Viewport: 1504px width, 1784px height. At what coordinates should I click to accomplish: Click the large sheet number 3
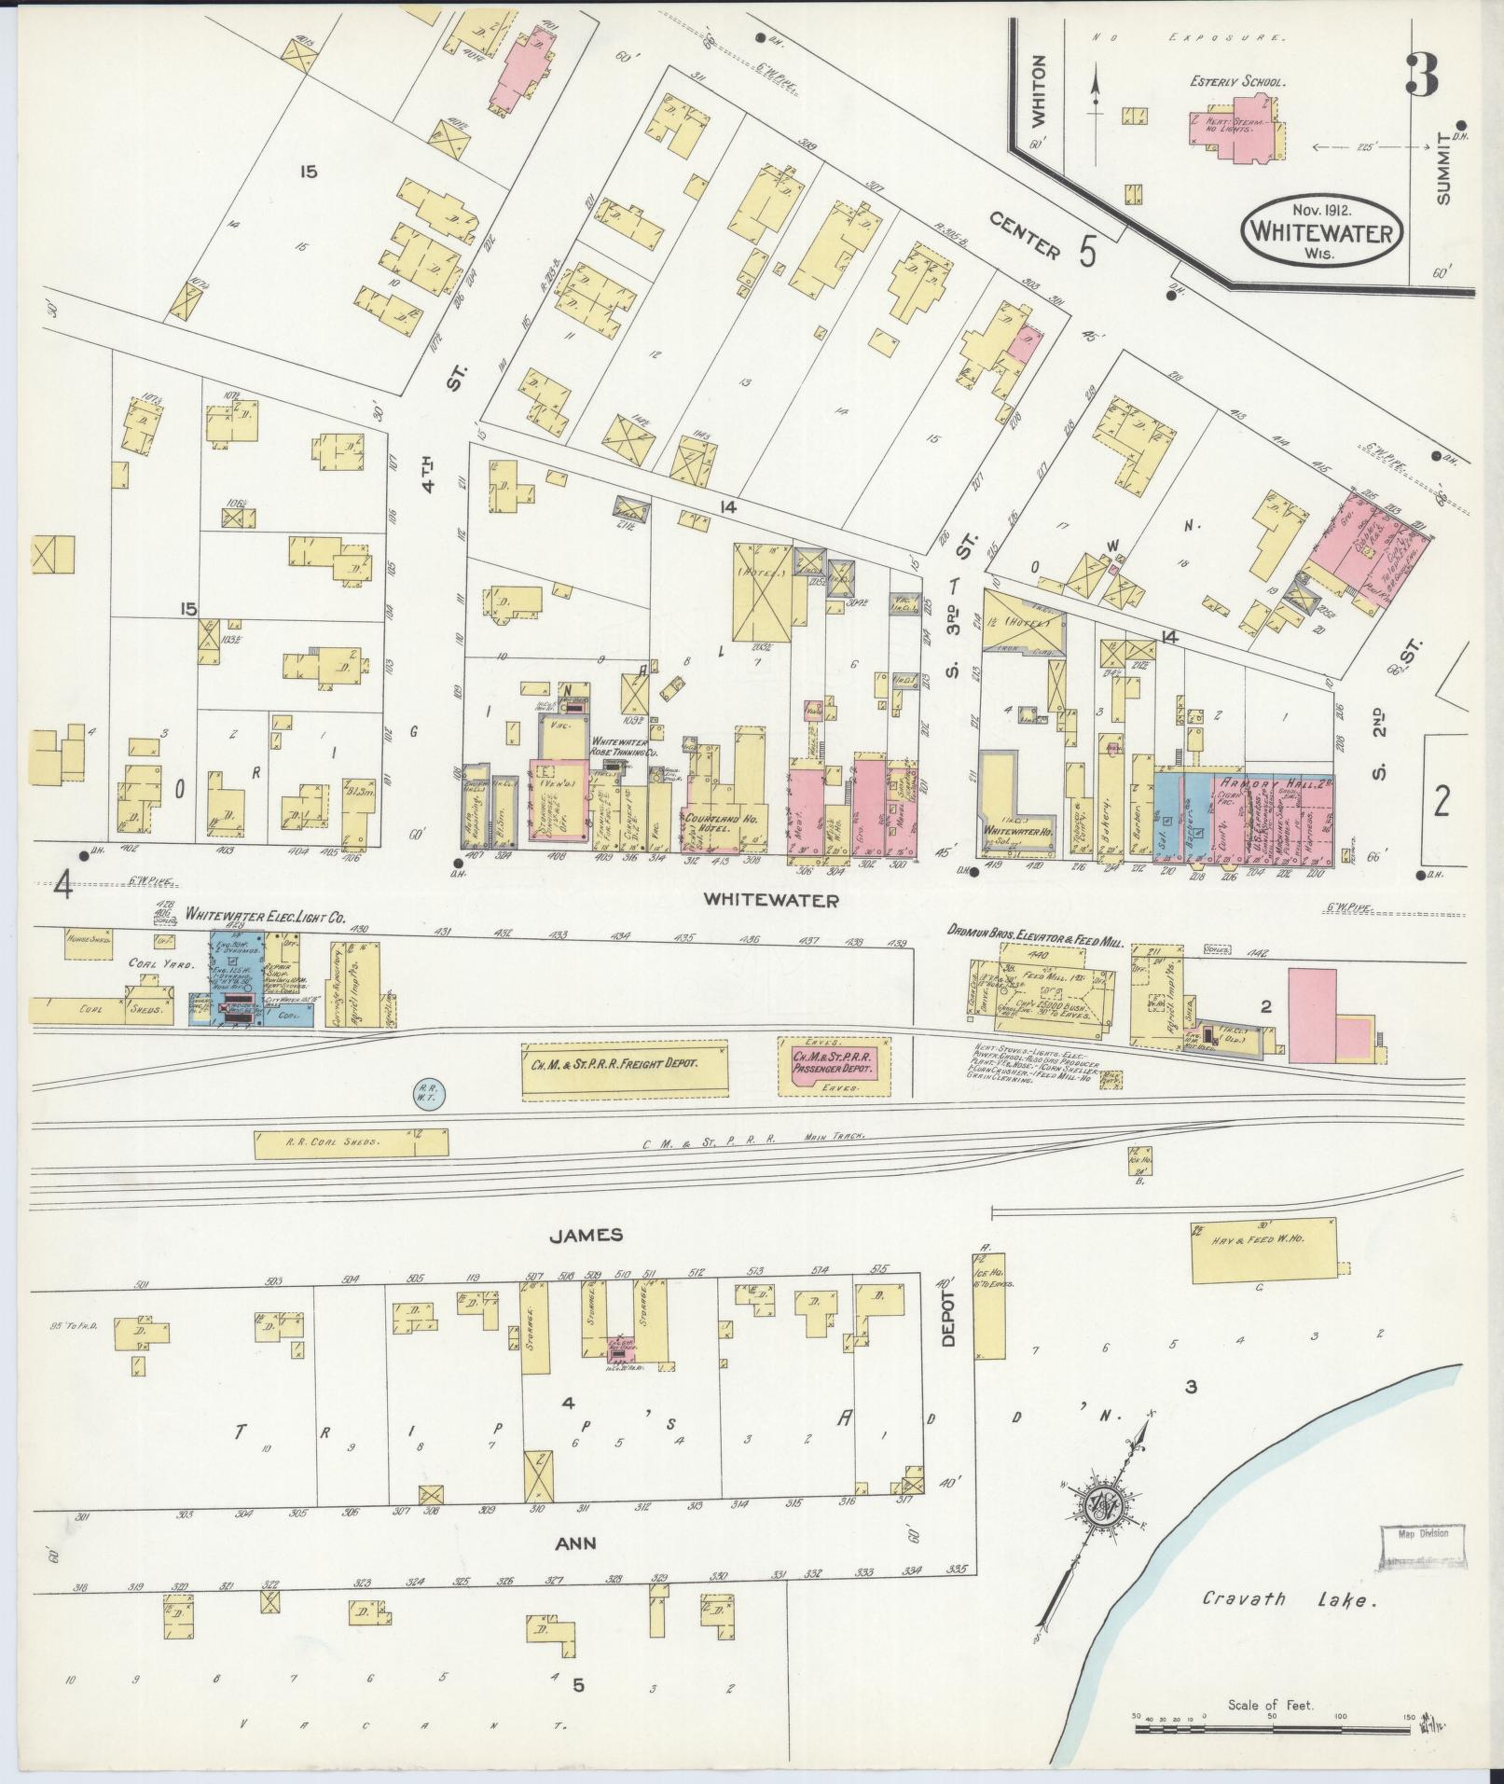pos(1420,75)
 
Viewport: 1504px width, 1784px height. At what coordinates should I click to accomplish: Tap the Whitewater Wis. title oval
pos(1323,231)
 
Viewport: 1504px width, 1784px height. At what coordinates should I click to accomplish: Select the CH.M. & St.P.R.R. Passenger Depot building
pos(834,1063)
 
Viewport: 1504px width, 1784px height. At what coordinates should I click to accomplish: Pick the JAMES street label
pos(585,1235)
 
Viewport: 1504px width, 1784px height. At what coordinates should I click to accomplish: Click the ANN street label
pos(576,1543)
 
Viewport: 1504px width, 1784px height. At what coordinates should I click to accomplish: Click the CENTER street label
pos(1026,238)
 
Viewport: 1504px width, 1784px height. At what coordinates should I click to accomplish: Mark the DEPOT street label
pos(948,1319)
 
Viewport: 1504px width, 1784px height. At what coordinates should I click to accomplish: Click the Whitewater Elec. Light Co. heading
pos(266,918)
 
